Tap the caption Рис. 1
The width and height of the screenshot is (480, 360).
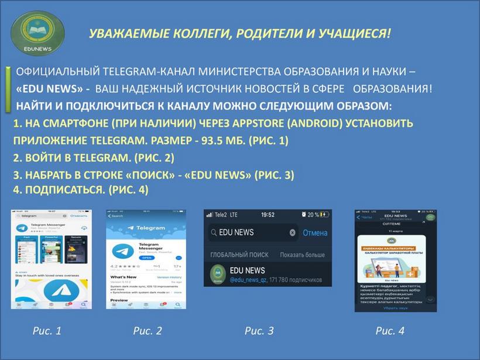(47, 331)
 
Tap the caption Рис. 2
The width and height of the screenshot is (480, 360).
(147, 331)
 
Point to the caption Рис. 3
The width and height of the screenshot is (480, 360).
(259, 331)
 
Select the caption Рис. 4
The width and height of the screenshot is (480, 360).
(389, 331)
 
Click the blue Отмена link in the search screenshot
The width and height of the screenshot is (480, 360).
(315, 232)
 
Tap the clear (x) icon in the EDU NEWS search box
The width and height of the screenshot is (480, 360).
(292, 232)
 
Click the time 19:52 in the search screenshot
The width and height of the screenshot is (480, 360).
(268, 215)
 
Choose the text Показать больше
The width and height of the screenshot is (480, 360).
(302, 255)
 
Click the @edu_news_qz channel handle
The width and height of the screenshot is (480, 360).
(248, 280)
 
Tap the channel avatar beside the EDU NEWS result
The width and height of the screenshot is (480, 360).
(218, 274)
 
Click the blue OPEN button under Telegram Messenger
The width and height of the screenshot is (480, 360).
(147, 258)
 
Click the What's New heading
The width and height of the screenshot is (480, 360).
(124, 277)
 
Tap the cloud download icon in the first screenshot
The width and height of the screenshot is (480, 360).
(84, 227)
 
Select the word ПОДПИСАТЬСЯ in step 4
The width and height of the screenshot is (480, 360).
(63, 190)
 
